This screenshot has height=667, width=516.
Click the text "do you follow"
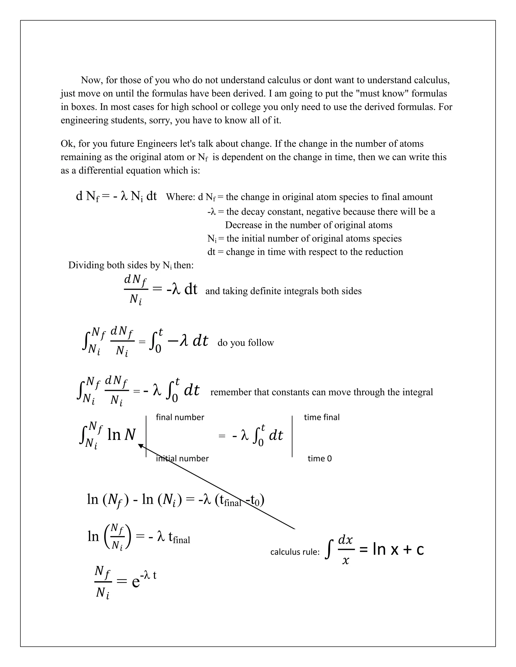click(x=245, y=343)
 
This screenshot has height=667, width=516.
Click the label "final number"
click(x=180, y=417)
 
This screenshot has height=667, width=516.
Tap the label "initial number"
click(x=182, y=458)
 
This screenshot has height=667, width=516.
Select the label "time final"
click(x=321, y=417)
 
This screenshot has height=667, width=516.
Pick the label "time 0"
click(x=319, y=458)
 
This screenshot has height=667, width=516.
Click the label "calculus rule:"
click(x=295, y=552)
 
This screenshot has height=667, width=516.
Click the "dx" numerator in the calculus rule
click(x=345, y=540)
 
